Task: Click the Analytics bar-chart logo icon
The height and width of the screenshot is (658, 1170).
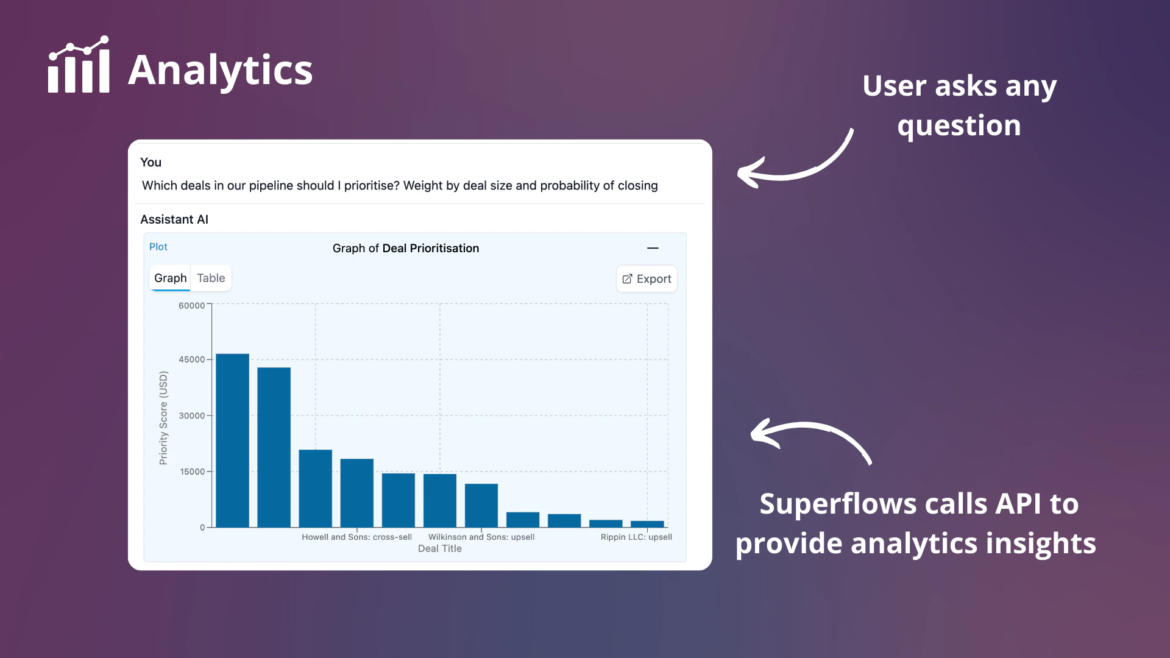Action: click(79, 65)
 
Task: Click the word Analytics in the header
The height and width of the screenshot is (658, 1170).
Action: click(221, 70)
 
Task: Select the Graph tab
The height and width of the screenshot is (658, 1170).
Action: click(170, 278)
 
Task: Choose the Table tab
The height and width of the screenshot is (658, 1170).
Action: click(211, 278)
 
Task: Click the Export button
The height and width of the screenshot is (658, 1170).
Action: click(647, 278)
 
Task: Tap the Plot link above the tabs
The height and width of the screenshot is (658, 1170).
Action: click(158, 247)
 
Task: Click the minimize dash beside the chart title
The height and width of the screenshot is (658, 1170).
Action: click(653, 248)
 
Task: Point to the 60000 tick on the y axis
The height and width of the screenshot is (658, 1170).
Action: click(191, 305)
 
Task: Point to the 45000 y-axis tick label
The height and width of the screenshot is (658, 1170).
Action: click(191, 359)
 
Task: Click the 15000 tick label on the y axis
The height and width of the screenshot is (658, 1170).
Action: click(192, 472)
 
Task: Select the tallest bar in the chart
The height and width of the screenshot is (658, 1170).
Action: click(232, 440)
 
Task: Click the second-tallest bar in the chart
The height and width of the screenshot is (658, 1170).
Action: click(274, 447)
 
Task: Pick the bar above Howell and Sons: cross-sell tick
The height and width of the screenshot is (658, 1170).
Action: click(356, 493)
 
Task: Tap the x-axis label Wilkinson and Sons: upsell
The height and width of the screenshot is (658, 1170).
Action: click(481, 537)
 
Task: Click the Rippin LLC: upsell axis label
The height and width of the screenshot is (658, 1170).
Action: click(636, 537)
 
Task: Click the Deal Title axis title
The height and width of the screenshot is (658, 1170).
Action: click(440, 548)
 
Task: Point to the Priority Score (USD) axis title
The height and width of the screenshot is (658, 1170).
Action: click(163, 418)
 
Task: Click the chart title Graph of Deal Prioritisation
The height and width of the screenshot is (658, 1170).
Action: click(406, 248)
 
